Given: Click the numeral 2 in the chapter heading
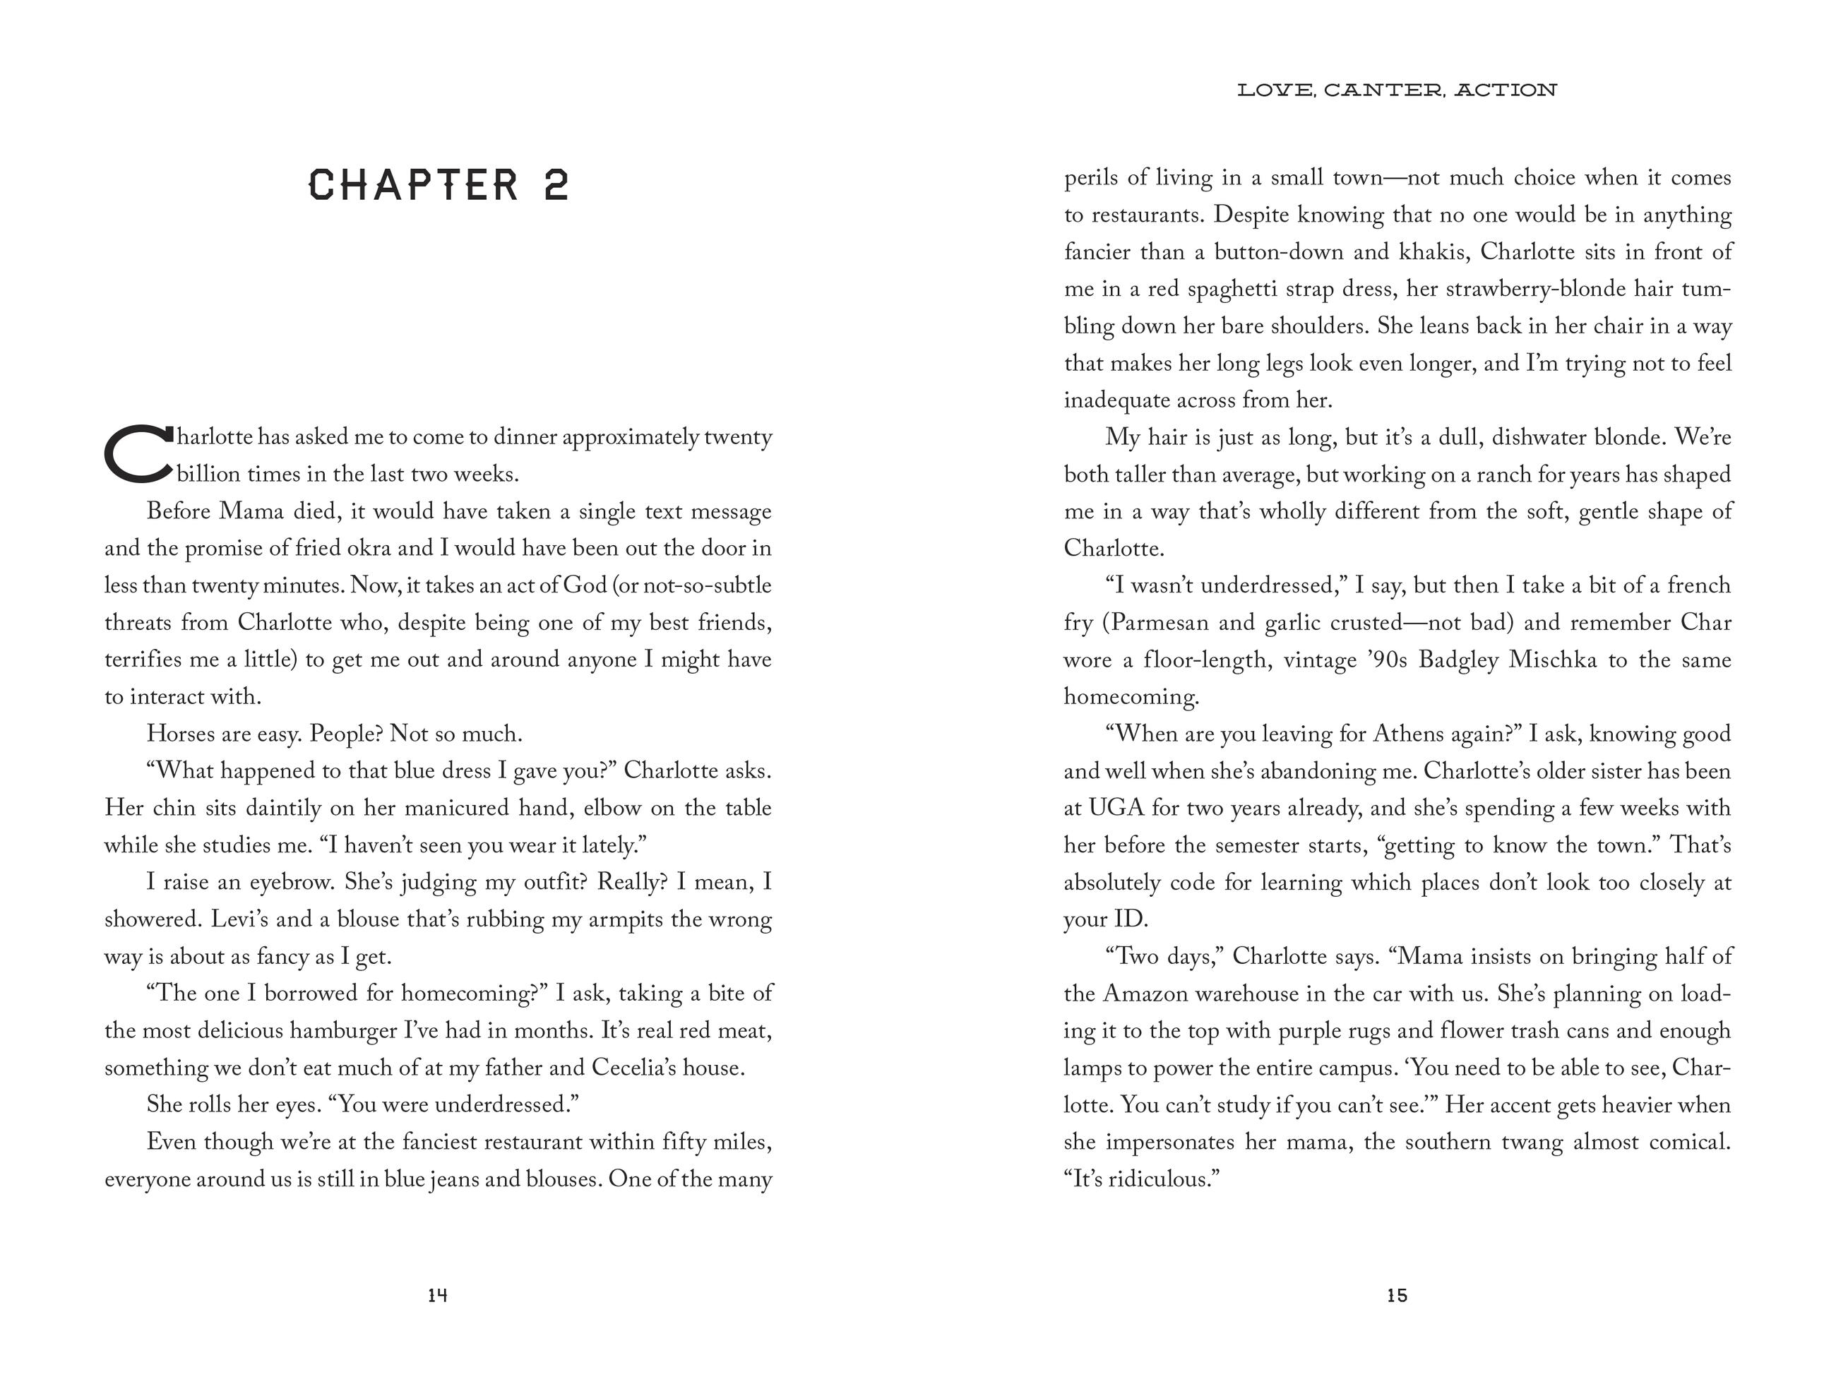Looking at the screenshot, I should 557,185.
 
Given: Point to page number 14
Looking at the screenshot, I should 437,1296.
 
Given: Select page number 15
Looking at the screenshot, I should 1397,1296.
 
